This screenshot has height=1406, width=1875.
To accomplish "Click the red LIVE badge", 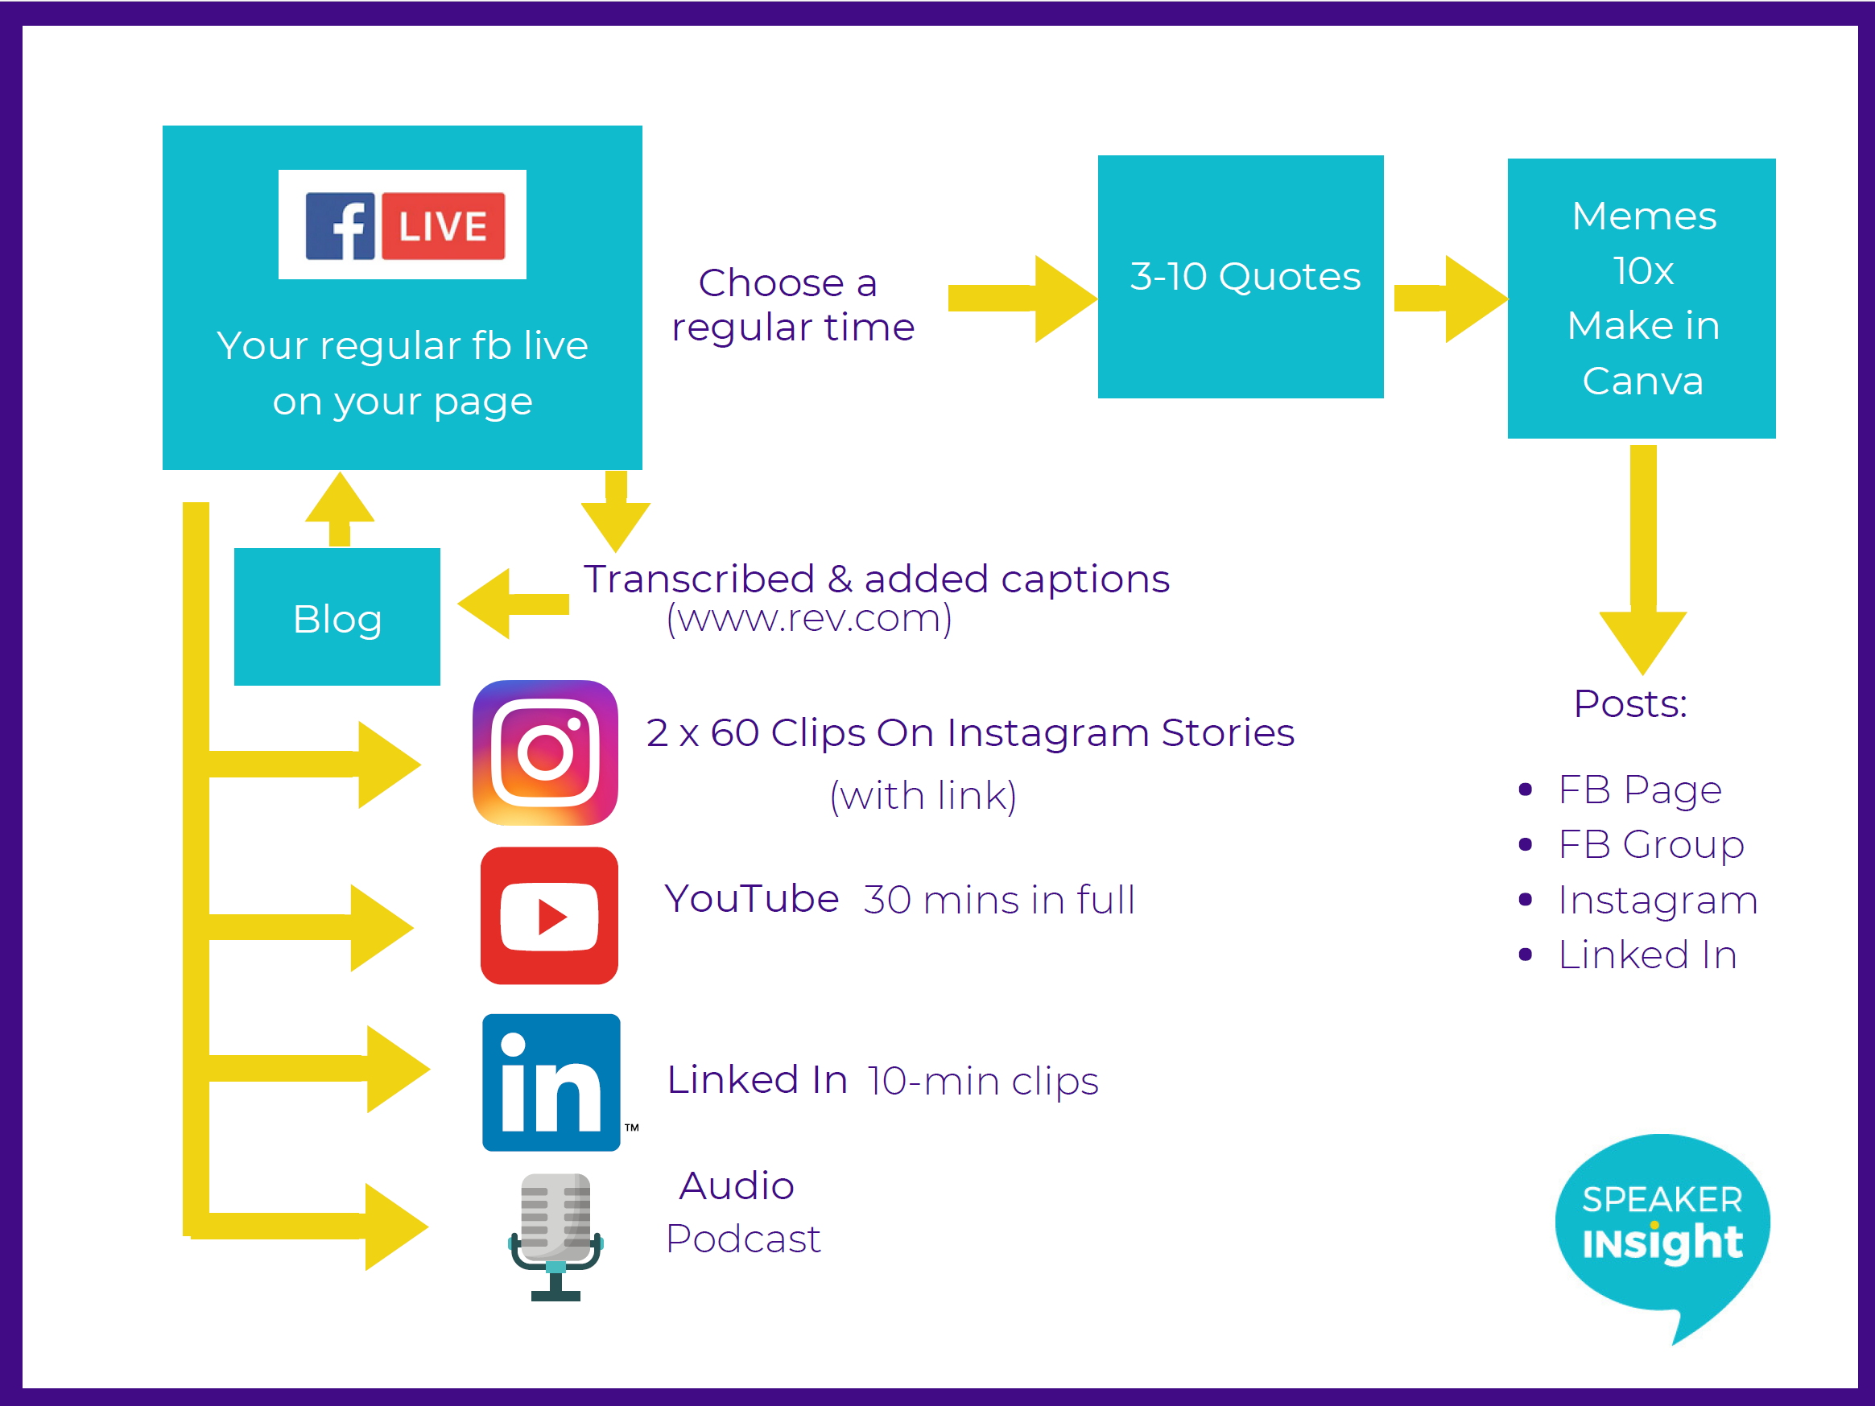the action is pyautogui.click(x=444, y=225).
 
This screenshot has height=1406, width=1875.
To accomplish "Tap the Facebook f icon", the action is pyautogui.click(x=340, y=225).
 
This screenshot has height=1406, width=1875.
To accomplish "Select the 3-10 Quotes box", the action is pyautogui.click(x=1240, y=276).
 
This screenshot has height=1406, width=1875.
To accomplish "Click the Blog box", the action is pyautogui.click(x=337, y=617).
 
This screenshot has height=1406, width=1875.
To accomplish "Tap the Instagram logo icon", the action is pyautogui.click(x=545, y=752).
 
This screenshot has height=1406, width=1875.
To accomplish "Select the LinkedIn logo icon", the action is pyautogui.click(x=551, y=1082).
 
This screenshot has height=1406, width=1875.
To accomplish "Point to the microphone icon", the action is pyautogui.click(x=555, y=1236).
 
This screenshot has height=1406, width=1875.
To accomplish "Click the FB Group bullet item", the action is pyautogui.click(x=1633, y=844).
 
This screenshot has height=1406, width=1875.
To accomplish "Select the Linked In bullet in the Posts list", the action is pyautogui.click(x=1629, y=955).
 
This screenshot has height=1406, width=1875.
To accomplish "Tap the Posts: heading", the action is pyautogui.click(x=1630, y=703).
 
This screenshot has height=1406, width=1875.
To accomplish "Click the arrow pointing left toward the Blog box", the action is pyautogui.click(x=513, y=604).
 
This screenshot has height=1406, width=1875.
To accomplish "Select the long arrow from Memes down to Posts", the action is pyautogui.click(x=1643, y=559).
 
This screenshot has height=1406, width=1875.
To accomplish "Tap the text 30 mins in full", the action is pyautogui.click(x=999, y=899).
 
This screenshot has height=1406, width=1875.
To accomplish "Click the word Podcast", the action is pyautogui.click(x=743, y=1239).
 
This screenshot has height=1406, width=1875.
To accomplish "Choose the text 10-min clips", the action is pyautogui.click(x=983, y=1082).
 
